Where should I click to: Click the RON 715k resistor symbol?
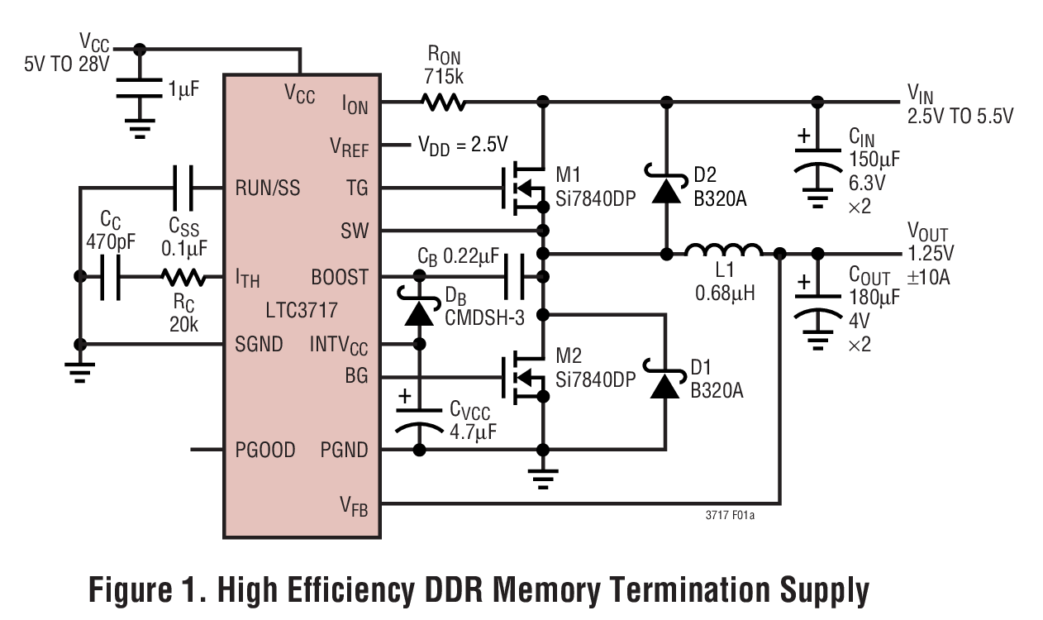[443, 103]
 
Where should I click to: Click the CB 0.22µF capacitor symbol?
[515, 277]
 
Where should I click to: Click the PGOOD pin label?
[264, 451]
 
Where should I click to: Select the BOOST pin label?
[340, 277]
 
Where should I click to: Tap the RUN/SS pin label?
[267, 188]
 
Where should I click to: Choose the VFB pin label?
[355, 505]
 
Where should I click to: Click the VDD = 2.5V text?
[462, 145]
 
